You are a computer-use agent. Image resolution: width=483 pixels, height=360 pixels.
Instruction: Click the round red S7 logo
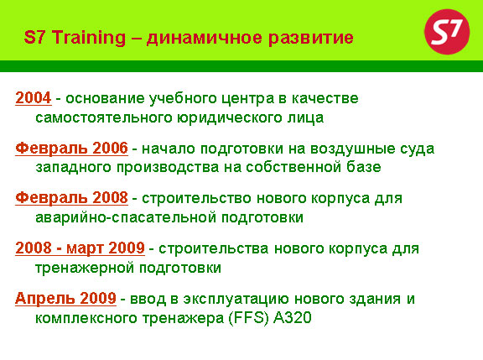[447, 32]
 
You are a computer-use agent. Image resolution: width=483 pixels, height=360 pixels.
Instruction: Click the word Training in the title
[88, 39]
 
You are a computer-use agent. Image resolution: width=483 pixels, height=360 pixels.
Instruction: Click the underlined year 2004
[34, 97]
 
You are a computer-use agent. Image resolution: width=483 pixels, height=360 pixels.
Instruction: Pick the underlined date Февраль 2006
[71, 149]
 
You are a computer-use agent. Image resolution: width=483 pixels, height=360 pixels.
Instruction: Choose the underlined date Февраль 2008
[71, 198]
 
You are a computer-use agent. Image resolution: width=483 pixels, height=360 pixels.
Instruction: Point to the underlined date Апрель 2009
[65, 299]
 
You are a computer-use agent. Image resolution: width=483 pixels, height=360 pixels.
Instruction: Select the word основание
[105, 99]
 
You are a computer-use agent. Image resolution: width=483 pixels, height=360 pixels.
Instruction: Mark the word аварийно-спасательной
[126, 217]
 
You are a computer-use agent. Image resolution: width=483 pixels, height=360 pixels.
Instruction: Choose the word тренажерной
[85, 269]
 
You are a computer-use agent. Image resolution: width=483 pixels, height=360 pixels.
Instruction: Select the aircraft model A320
[293, 318]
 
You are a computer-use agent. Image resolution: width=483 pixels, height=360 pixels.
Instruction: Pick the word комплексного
[86, 318]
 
